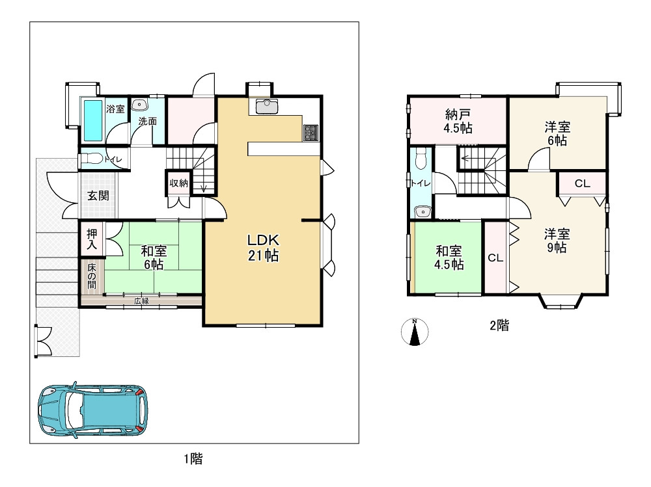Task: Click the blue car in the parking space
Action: (x=93, y=409)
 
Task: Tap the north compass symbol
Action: (x=415, y=332)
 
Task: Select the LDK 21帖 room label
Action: (x=263, y=248)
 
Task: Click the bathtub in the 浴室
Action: (x=92, y=120)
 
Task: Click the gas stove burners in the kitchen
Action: (x=311, y=133)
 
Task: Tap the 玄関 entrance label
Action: (x=98, y=195)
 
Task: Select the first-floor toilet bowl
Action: (x=91, y=159)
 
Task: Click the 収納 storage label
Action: (x=179, y=183)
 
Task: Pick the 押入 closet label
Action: (x=91, y=240)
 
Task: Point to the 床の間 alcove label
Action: (x=91, y=276)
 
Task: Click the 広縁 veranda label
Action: (x=141, y=301)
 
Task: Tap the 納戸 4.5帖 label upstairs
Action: (x=458, y=121)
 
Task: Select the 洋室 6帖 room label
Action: (x=557, y=133)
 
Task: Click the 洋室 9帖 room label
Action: (x=557, y=241)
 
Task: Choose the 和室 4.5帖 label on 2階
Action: (x=449, y=257)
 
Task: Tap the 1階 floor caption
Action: (x=193, y=459)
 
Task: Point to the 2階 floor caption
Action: (x=499, y=326)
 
